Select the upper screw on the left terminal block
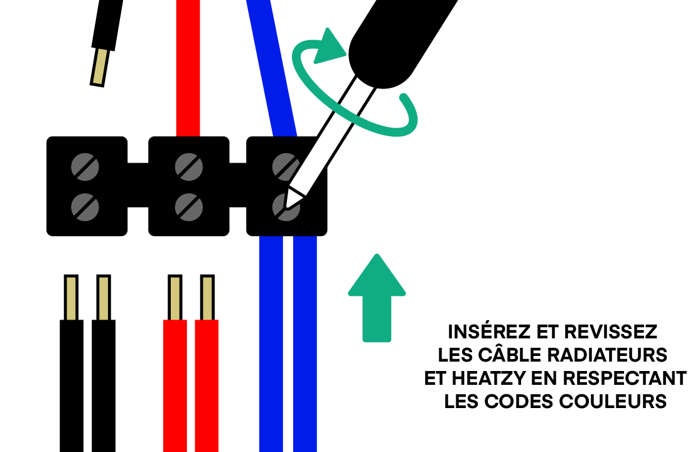[x=85, y=166]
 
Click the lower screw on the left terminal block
[x=85, y=206]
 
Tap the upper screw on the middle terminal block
[x=188, y=166]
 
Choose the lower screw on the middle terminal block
[x=188, y=206]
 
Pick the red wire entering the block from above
[x=188, y=69]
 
